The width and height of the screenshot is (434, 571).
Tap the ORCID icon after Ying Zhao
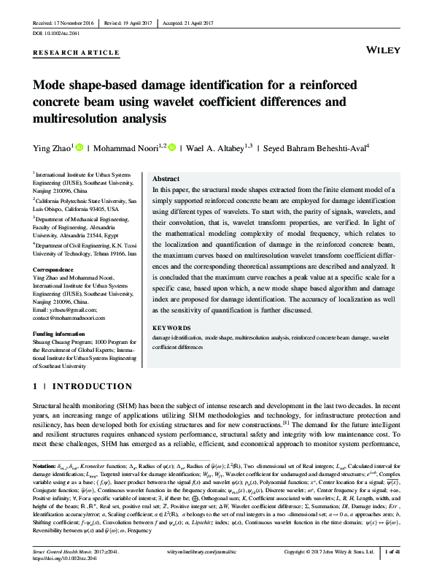(80, 147)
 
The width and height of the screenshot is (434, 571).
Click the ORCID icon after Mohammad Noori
(173, 147)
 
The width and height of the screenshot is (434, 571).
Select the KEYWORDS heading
(169, 329)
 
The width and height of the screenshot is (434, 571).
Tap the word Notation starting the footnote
(44, 465)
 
